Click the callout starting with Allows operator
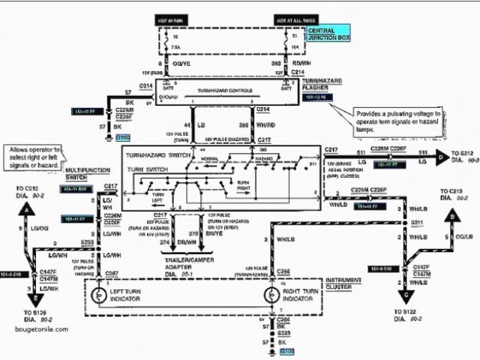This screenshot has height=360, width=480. click(33, 157)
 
